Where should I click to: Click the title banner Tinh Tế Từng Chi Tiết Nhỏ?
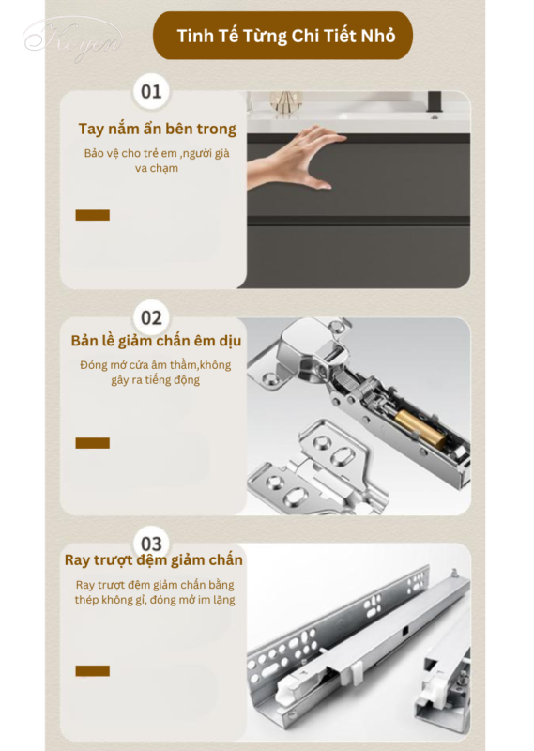click(x=282, y=36)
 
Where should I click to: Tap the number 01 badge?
click(x=151, y=91)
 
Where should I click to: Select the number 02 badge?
click(x=151, y=318)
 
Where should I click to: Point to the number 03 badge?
click(x=151, y=544)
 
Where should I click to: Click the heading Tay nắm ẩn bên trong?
click(x=157, y=129)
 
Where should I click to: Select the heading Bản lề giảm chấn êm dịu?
click(x=156, y=341)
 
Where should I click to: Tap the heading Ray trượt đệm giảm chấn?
click(x=154, y=559)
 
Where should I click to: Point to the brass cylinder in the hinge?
click(x=420, y=429)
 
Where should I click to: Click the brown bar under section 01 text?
click(x=92, y=215)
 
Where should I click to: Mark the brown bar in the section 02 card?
click(x=92, y=443)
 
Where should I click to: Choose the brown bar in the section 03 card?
click(x=92, y=670)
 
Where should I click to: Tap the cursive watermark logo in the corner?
click(x=73, y=39)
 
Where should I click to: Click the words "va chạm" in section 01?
click(x=157, y=168)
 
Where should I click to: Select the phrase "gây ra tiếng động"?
click(x=156, y=380)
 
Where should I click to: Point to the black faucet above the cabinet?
click(x=435, y=103)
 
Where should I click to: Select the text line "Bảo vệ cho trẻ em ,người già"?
click(x=157, y=153)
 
